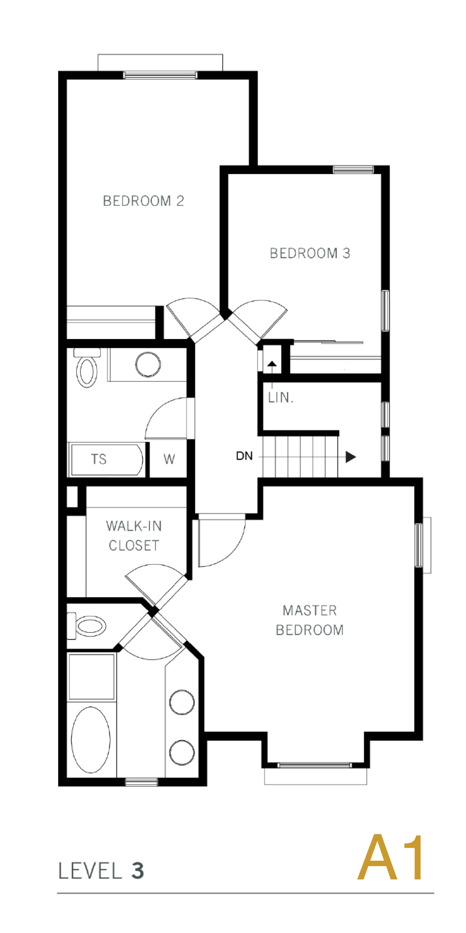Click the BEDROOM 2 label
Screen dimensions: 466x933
pos(143,201)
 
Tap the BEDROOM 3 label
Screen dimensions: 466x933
pos(310,253)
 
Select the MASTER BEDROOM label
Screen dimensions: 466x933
pos(310,620)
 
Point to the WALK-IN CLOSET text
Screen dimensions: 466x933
pos(134,536)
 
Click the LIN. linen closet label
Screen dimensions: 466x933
pos(280,397)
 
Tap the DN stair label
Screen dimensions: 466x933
pos(244,456)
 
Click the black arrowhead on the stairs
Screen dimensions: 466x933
pos(351,457)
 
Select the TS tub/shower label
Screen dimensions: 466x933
pos(99,459)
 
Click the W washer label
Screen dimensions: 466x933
pos(169,459)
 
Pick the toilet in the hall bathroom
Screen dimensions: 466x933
pos(87,367)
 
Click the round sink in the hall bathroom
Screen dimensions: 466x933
pos(148,365)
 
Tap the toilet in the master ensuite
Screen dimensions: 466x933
pos(87,626)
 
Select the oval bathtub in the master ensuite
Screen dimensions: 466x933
pos(91,740)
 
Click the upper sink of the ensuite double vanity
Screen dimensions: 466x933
pos(182,702)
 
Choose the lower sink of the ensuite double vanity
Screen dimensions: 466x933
pos(182,753)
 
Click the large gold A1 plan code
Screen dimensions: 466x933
pos(391,857)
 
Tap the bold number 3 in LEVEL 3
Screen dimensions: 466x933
pos(137,871)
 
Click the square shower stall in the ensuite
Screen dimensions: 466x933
pos(92,677)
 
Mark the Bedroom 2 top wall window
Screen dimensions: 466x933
pos(160,75)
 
